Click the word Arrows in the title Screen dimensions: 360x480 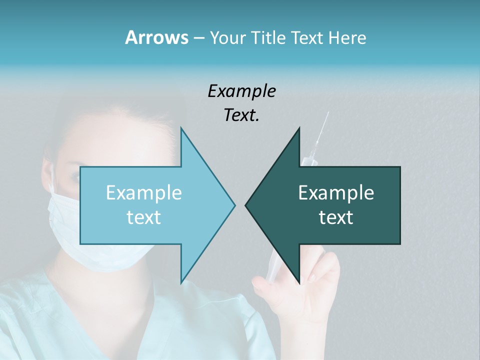[x=156, y=37]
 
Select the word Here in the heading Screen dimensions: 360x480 [x=347, y=37]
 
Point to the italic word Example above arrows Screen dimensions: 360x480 [x=241, y=91]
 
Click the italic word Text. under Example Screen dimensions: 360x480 [x=241, y=115]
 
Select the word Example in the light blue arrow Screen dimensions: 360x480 [x=143, y=193]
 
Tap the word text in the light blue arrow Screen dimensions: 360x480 [x=143, y=217]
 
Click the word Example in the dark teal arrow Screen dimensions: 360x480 [x=336, y=193]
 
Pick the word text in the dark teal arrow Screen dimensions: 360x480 [x=336, y=217]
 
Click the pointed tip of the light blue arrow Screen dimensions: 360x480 [x=234, y=205]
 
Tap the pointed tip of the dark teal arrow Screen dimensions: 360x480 [x=246, y=205]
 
